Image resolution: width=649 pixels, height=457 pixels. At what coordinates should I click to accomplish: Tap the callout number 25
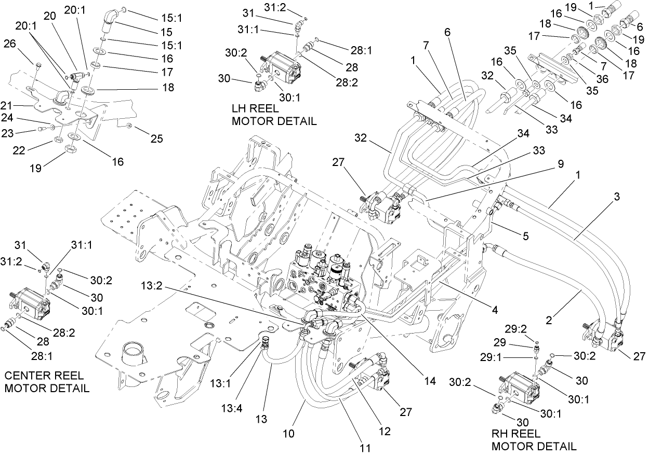[157, 139]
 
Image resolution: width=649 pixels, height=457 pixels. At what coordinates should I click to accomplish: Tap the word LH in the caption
[242, 109]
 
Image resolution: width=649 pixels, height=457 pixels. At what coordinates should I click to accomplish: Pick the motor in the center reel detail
[31, 304]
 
